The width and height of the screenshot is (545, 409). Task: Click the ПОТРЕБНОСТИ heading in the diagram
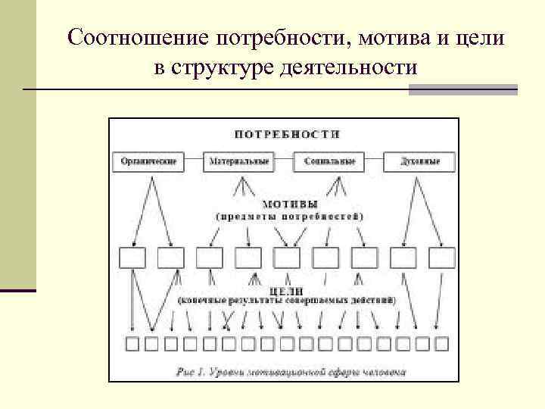tap(287, 134)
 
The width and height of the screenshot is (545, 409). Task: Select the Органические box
tap(148, 161)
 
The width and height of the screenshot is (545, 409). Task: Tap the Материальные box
tap(238, 161)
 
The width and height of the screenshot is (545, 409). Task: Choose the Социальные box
tap(334, 161)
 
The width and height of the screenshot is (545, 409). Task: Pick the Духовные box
tap(419, 161)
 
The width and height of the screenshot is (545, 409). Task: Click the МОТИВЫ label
tap(290, 204)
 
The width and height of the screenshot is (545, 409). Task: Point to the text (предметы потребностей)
tap(290, 216)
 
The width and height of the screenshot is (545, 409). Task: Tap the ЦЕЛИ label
tap(286, 290)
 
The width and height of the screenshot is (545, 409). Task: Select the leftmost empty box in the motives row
tap(133, 258)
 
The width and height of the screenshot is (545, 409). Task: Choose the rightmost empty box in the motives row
tap(443, 258)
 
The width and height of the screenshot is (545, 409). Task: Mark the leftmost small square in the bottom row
tap(132, 345)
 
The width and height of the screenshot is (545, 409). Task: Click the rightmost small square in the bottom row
tap(442, 345)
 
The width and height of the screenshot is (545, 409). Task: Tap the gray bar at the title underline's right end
tap(463, 90)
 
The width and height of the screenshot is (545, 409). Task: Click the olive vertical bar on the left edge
tap(17, 144)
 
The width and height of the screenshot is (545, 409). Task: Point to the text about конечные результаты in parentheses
tap(287, 301)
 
